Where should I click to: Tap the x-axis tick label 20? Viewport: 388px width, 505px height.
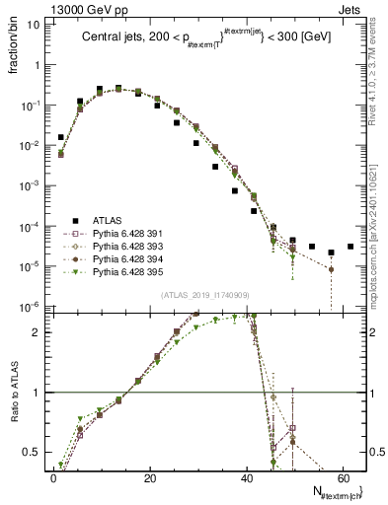pyautogui.click(x=149, y=478)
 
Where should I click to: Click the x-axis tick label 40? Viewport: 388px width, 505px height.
pyautogui.click(x=246, y=478)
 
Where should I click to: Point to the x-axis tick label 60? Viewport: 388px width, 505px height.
pyautogui.click(x=342, y=478)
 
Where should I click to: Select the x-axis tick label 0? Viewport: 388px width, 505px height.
pyautogui.click(x=53, y=478)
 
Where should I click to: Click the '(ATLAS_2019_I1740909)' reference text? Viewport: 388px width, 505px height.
pyautogui.click(x=203, y=295)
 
